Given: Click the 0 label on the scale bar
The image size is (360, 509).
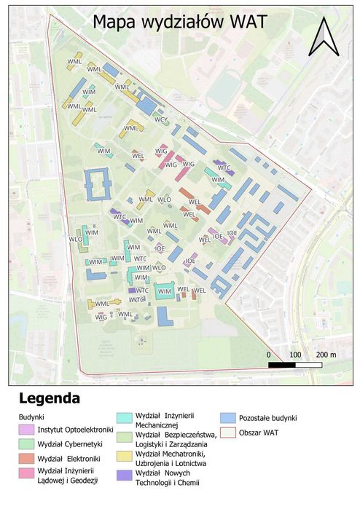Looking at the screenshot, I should coord(269,354).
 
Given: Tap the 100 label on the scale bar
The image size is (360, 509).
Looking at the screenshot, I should coord(295,354).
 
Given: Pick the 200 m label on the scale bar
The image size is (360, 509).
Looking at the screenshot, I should coord(324,354).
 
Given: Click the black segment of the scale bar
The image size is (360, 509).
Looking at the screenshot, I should coord(281,363).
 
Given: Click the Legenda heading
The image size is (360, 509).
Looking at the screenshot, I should coord(50,399).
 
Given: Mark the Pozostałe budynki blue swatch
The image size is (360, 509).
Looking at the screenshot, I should coord(227,418).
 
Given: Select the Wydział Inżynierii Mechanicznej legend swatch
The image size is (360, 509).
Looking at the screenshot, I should coord(123,418).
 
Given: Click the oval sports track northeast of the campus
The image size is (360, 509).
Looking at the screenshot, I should coord(224,87).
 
